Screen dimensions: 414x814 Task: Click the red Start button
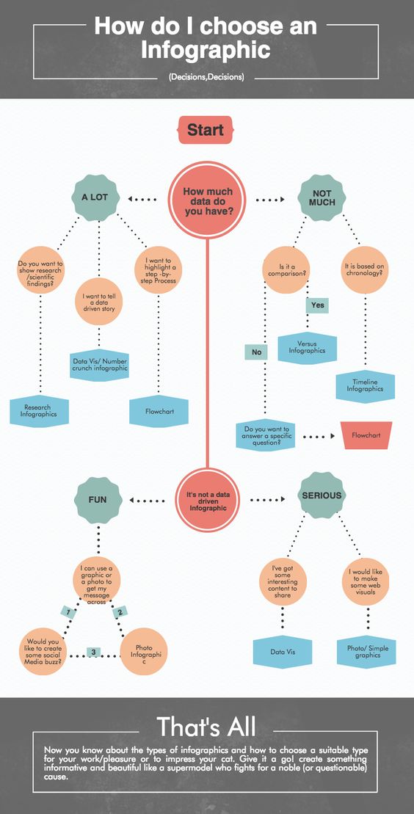click(x=206, y=130)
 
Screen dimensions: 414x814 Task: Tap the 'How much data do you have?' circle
click(x=207, y=200)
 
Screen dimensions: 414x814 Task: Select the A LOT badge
click(x=95, y=197)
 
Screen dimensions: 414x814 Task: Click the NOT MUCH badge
click(x=322, y=197)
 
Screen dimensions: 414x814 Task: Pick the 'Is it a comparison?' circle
click(x=286, y=270)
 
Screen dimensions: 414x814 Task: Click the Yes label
click(x=317, y=305)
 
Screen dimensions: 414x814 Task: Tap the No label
click(x=257, y=352)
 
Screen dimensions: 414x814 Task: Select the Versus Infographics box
click(x=307, y=347)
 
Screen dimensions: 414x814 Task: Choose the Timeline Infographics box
click(x=365, y=386)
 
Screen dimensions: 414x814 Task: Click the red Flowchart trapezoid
click(x=366, y=435)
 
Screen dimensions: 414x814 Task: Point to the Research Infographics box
click(x=39, y=410)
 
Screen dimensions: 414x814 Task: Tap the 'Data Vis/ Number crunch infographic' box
click(x=98, y=365)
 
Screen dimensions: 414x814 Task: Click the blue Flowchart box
click(x=159, y=411)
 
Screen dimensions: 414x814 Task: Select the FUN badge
click(x=98, y=501)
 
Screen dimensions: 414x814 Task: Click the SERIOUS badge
click(x=322, y=495)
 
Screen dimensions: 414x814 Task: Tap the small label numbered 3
click(x=93, y=652)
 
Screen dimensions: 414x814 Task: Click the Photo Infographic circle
click(x=144, y=652)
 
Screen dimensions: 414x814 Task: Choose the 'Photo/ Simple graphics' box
click(x=368, y=652)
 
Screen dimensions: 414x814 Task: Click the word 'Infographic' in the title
click(x=206, y=51)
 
